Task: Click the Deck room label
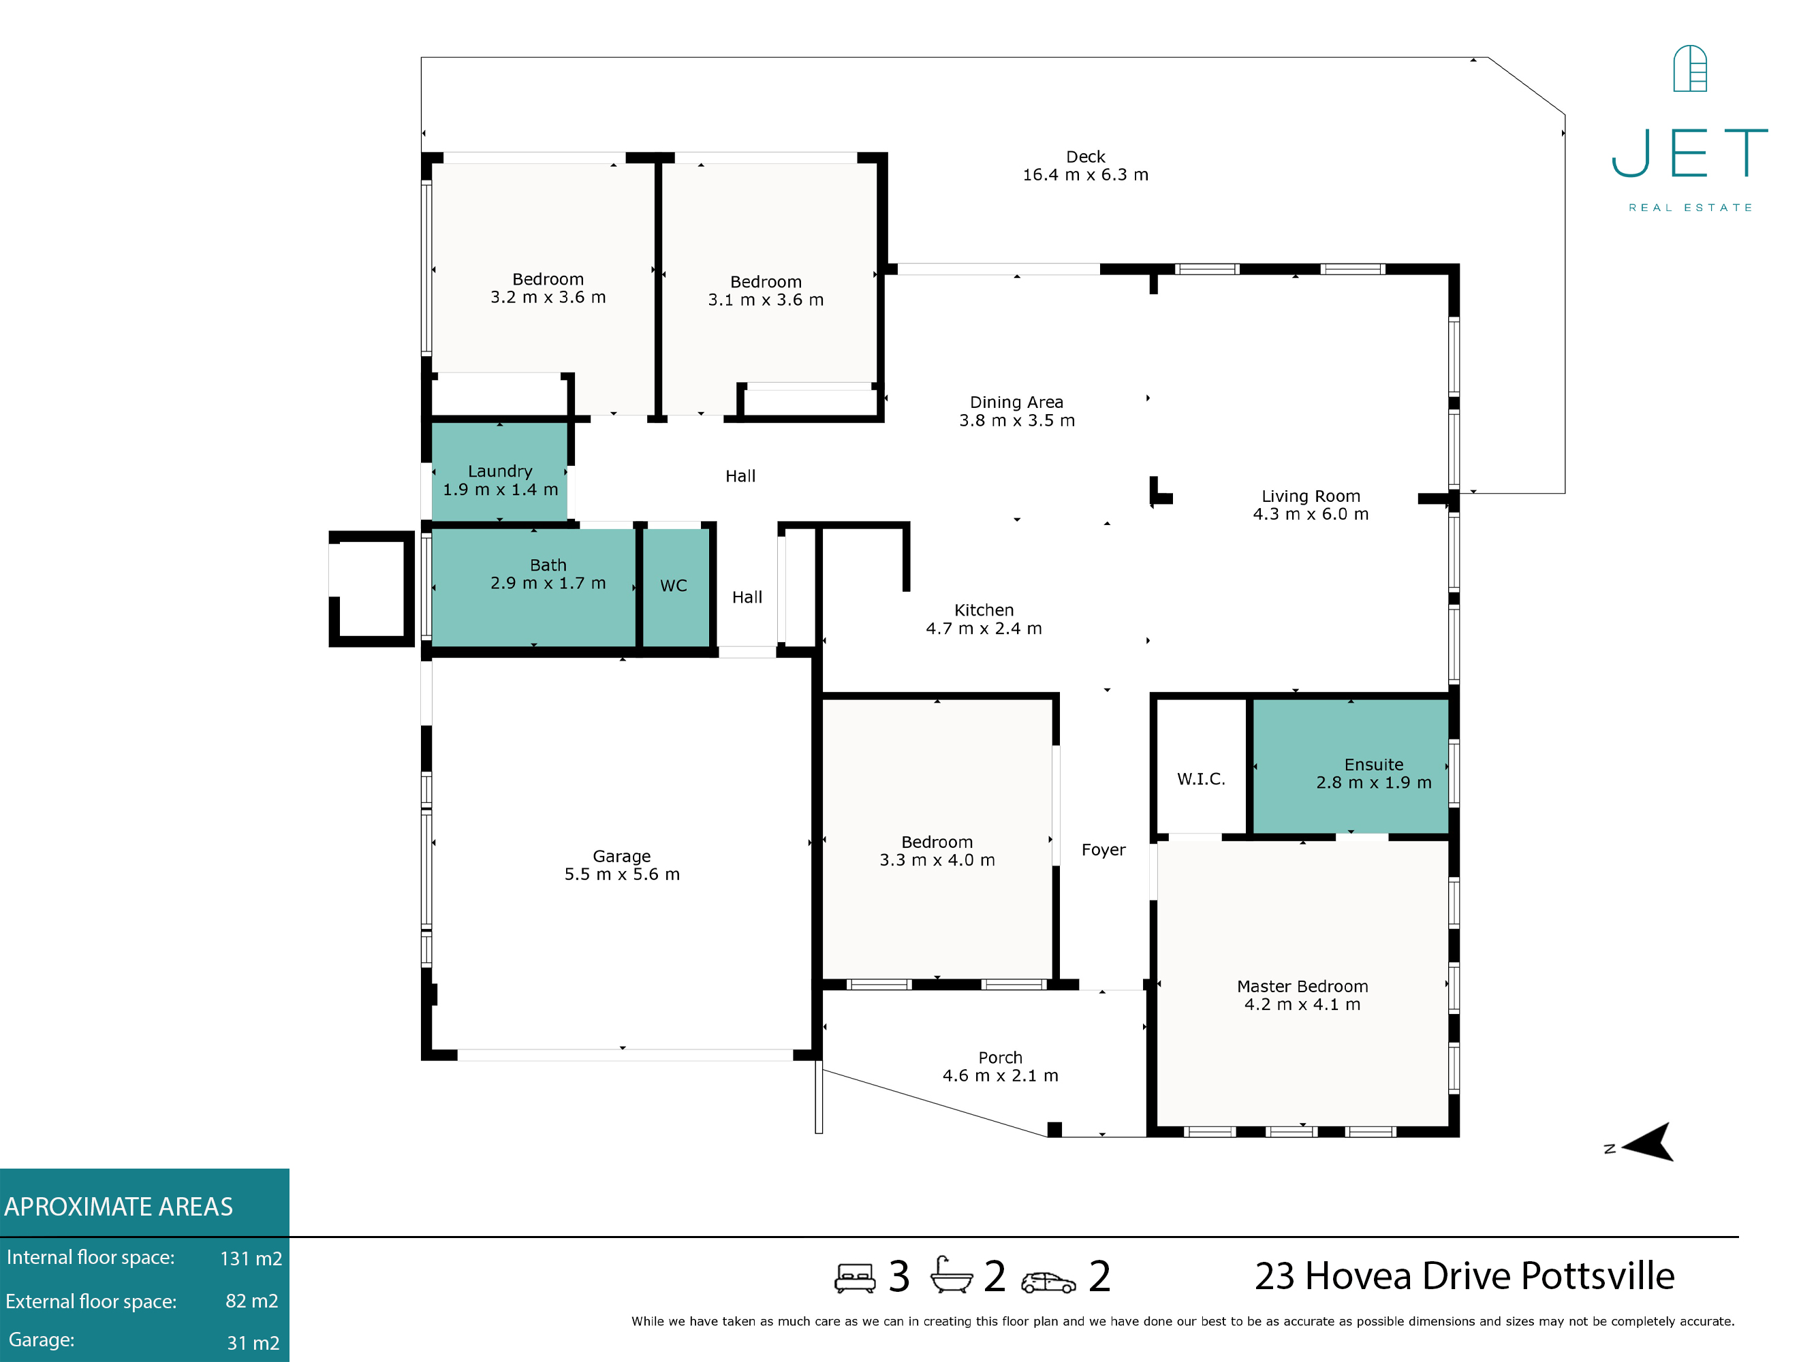[x=1085, y=157]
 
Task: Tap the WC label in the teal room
[x=673, y=586]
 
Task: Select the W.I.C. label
[x=1201, y=779]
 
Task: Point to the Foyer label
[x=1103, y=851]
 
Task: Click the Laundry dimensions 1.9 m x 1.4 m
[x=500, y=490]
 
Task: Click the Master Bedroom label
[x=1302, y=987]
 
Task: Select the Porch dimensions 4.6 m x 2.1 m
[x=1000, y=1076]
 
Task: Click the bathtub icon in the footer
[x=951, y=1275]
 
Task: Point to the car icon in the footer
[x=1048, y=1282]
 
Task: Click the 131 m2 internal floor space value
[x=251, y=1258]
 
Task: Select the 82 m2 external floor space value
[x=252, y=1301]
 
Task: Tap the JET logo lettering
[x=1689, y=153]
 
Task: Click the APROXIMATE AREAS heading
[x=119, y=1207]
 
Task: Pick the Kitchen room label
[x=984, y=611]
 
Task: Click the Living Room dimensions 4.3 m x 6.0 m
[x=1311, y=515]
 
